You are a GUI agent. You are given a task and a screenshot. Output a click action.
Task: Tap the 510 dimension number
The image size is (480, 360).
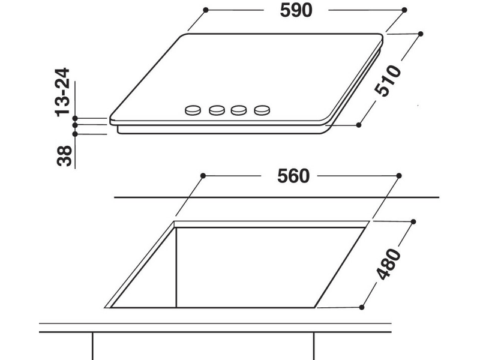point(387,80)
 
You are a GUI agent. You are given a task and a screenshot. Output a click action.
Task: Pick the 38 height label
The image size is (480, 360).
point(65,155)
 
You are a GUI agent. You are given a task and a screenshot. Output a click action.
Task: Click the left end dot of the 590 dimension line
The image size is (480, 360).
point(205,10)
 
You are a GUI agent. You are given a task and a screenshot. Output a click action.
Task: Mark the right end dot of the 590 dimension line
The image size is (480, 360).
point(403,10)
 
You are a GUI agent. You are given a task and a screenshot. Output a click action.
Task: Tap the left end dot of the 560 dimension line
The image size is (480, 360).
point(203,175)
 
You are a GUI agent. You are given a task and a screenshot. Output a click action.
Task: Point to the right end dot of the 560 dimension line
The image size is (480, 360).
point(398,175)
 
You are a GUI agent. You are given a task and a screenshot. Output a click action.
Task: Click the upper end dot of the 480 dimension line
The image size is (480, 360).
point(413,222)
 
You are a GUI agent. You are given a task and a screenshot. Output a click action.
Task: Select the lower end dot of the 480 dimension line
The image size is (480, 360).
point(362,307)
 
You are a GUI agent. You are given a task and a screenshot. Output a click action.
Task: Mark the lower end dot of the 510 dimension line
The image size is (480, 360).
point(358,125)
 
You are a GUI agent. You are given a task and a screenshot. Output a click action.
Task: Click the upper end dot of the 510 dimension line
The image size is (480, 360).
point(419,34)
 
